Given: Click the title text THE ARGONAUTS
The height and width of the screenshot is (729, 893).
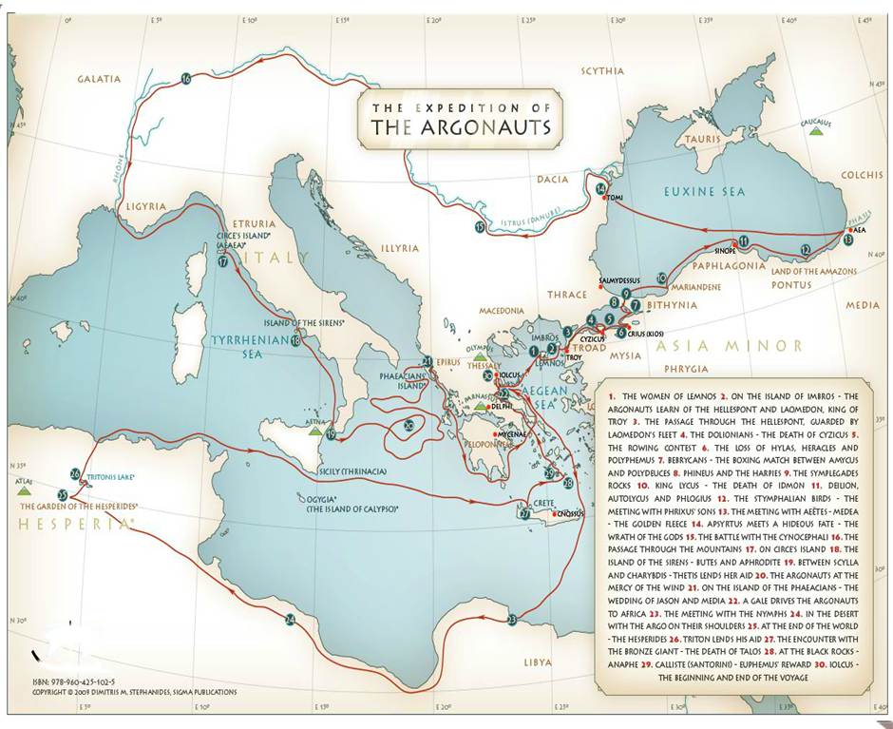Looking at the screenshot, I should click(460, 127).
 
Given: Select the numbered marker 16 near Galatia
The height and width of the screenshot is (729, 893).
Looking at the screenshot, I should click(186, 79).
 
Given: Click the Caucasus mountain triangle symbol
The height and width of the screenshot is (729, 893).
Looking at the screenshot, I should click(814, 132).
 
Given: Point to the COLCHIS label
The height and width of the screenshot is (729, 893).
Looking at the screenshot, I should click(862, 175).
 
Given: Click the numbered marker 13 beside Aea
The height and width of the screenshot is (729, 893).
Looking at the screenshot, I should click(847, 241).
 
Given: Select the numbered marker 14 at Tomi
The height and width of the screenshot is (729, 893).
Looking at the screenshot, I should click(601, 189).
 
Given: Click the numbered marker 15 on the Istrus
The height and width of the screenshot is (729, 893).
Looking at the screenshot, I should click(481, 228).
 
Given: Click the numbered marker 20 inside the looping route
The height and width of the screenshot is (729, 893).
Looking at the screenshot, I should click(408, 426).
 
